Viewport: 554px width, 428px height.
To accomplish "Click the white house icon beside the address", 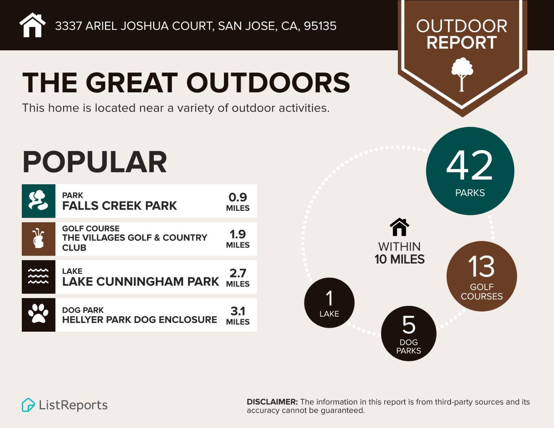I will click(32, 25).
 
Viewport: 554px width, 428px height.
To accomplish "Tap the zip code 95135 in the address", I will click(320, 26).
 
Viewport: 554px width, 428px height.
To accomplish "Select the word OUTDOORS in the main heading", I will click(268, 83).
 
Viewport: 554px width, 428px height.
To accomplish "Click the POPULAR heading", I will click(95, 162).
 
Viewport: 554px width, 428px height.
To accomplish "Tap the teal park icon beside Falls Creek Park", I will click(38, 201).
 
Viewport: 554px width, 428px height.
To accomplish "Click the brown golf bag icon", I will click(38, 239).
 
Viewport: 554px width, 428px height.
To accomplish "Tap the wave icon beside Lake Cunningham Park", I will click(38, 277).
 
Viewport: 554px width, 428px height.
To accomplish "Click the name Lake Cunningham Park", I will click(140, 281).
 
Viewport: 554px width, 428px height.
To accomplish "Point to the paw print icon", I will click(38, 315).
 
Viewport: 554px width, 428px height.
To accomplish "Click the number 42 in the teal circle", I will click(470, 166).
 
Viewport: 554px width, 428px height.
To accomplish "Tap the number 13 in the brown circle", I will click(481, 267).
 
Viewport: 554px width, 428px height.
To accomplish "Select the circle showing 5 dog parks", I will click(409, 333).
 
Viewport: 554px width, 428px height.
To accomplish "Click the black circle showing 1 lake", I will click(329, 303).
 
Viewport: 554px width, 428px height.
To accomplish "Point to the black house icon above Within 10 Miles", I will click(399, 227).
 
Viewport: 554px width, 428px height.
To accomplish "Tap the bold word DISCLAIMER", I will click(272, 402).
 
